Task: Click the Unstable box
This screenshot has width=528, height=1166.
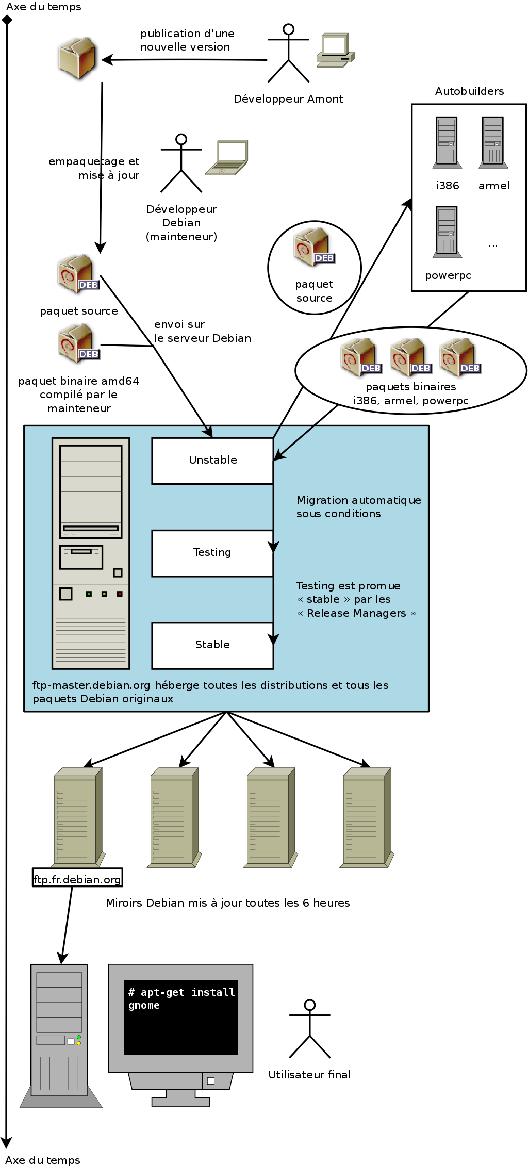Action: pyautogui.click(x=212, y=461)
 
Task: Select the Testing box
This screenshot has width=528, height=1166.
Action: pyautogui.click(x=212, y=553)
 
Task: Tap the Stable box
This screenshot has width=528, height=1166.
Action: pyautogui.click(x=212, y=645)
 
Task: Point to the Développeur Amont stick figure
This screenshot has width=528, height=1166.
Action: pyautogui.click(x=288, y=54)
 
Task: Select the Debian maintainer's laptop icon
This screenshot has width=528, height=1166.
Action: pyautogui.click(x=227, y=157)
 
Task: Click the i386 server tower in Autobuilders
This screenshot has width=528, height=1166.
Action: pyautogui.click(x=447, y=142)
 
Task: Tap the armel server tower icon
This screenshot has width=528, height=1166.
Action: pyautogui.click(x=493, y=142)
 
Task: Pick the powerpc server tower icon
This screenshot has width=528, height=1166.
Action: pyautogui.click(x=447, y=232)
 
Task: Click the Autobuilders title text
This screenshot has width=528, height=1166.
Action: pyautogui.click(x=469, y=91)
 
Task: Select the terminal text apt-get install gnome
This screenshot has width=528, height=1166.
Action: pyautogui.click(x=181, y=998)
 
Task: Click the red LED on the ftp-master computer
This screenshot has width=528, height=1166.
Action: pyautogui.click(x=119, y=594)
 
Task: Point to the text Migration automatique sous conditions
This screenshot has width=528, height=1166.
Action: pyautogui.click(x=358, y=506)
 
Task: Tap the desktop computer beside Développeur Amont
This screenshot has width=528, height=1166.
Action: pyautogui.click(x=335, y=50)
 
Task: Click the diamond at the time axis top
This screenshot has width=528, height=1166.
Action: pyautogui.click(x=7, y=20)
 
